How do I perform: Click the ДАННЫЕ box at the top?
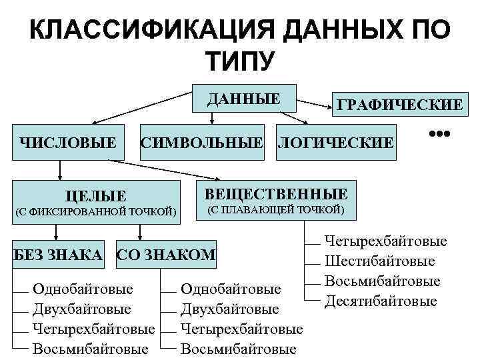pyautogui.click(x=243, y=99)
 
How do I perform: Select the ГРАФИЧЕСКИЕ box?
pyautogui.click(x=399, y=105)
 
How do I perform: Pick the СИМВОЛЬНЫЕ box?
pyautogui.click(x=201, y=141)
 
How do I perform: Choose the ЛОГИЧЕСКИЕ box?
pyautogui.click(x=335, y=141)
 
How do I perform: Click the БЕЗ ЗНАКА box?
pyautogui.click(x=59, y=254)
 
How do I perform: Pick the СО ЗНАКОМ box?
pyautogui.click(x=166, y=254)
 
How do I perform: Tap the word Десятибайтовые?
pyautogui.click(x=381, y=301)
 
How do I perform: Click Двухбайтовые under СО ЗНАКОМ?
pyautogui.click(x=230, y=309)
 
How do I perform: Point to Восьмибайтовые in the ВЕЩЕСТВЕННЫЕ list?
pyautogui.click(x=382, y=281)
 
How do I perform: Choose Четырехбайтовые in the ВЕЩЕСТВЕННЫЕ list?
pyautogui.click(x=385, y=241)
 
